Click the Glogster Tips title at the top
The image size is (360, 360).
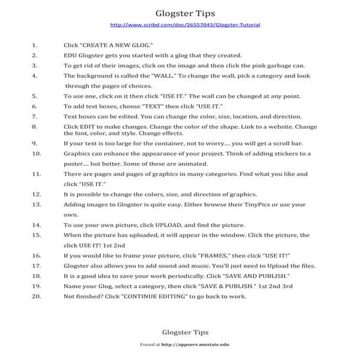point(180,12)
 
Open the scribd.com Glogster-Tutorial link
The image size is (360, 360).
point(180,25)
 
